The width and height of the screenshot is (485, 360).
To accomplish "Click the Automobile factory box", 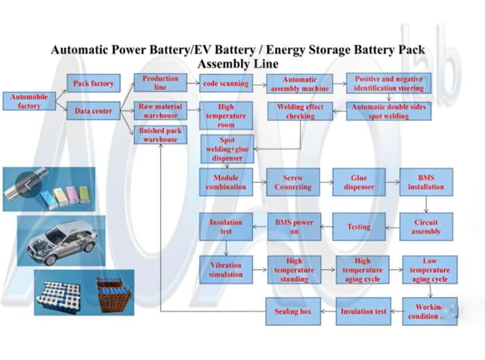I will click(29, 101).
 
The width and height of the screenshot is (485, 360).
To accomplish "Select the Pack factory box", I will click(93, 84).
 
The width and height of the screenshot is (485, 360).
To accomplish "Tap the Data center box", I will click(93, 111).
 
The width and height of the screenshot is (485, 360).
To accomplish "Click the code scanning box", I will click(224, 84).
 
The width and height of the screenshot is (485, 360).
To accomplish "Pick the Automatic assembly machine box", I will click(299, 84).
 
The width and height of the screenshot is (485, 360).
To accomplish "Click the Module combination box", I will click(226, 182).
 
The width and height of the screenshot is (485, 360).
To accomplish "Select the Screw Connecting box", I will click(292, 182).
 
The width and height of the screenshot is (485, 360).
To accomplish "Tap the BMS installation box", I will click(426, 182).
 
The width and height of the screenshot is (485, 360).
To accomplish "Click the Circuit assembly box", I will click(426, 226).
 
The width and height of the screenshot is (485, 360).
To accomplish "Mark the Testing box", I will click(359, 226).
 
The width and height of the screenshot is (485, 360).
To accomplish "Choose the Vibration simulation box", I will click(226, 269).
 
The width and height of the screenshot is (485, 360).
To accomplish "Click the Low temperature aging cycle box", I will click(430, 269).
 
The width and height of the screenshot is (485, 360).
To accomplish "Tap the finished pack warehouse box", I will click(159, 134).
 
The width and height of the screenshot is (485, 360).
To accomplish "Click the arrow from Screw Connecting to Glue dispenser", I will click(324, 182).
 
